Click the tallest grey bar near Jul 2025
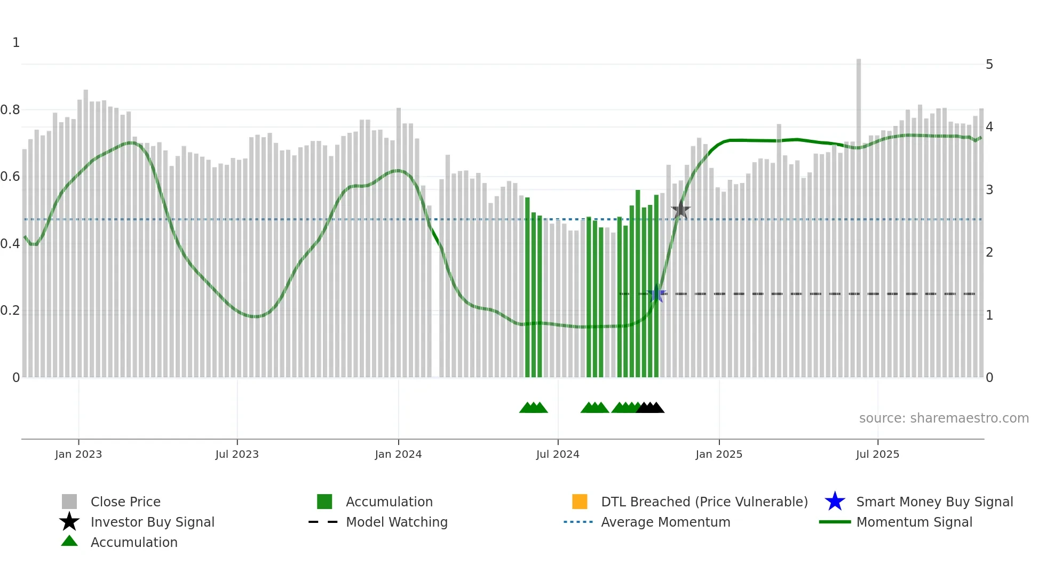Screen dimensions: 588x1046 click(x=859, y=213)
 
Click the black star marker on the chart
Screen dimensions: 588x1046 click(x=680, y=210)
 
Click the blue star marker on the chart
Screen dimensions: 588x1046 click(x=657, y=293)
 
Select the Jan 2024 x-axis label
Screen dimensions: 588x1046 click(x=398, y=454)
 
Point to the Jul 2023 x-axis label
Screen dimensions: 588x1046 click(x=237, y=454)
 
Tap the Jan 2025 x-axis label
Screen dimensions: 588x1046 click(x=719, y=454)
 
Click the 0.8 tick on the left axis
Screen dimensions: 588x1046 click(x=10, y=110)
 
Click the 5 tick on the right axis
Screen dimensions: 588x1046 click(x=989, y=65)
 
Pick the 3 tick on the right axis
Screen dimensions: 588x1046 click(x=989, y=190)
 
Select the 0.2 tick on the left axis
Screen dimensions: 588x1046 click(x=10, y=311)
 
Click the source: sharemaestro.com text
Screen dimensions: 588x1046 click(x=944, y=418)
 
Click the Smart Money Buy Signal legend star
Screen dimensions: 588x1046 click(x=835, y=502)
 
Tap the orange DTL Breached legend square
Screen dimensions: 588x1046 click(x=580, y=502)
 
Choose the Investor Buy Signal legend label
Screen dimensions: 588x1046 click(x=153, y=522)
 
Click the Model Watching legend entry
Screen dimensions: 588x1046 click(x=397, y=522)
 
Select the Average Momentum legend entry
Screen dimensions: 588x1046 click(x=665, y=522)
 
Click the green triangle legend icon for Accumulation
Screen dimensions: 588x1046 click(x=69, y=542)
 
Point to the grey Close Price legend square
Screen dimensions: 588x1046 click(x=69, y=502)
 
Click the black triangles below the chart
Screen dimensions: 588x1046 click(x=651, y=408)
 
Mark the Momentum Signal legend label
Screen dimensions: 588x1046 click(x=914, y=522)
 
